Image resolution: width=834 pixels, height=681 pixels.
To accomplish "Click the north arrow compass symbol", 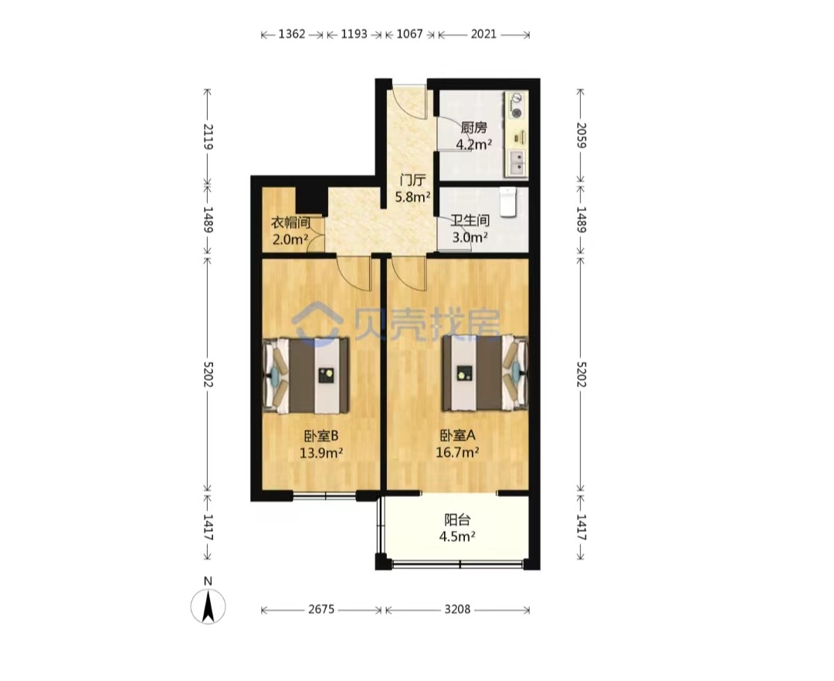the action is pos(208,606).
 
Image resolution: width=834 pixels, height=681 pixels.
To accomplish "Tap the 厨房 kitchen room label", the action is pos(473,128).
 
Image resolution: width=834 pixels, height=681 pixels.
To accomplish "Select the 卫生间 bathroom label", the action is pos(470,220).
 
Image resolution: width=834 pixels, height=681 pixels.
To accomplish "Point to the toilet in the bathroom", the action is pos(508,202).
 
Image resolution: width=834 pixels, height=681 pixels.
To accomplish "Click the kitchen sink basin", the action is pos(516,162).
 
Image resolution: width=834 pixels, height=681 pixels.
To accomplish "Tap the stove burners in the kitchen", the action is pos(516,105).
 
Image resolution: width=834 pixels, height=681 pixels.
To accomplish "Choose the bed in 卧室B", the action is pos(307,376).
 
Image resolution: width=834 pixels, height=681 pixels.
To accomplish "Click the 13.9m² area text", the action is pos(320,453).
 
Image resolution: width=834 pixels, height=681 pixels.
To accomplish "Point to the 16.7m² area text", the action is pos(457,452).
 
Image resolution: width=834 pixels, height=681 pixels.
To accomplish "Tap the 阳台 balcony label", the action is pos(457,519).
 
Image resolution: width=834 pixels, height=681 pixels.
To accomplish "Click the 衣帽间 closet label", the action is pos(290,222).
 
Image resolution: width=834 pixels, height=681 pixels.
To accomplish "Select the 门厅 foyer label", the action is pos(412,180).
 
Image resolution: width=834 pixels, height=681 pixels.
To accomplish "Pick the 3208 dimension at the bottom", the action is pos(457,609).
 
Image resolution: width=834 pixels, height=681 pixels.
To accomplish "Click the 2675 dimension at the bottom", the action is pos(321,609).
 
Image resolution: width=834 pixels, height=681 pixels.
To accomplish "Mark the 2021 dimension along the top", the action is pos(483,34).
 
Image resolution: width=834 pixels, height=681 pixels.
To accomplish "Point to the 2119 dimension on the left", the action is pos(208,136).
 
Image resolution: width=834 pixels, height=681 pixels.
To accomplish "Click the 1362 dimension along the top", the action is pos(292,34).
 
